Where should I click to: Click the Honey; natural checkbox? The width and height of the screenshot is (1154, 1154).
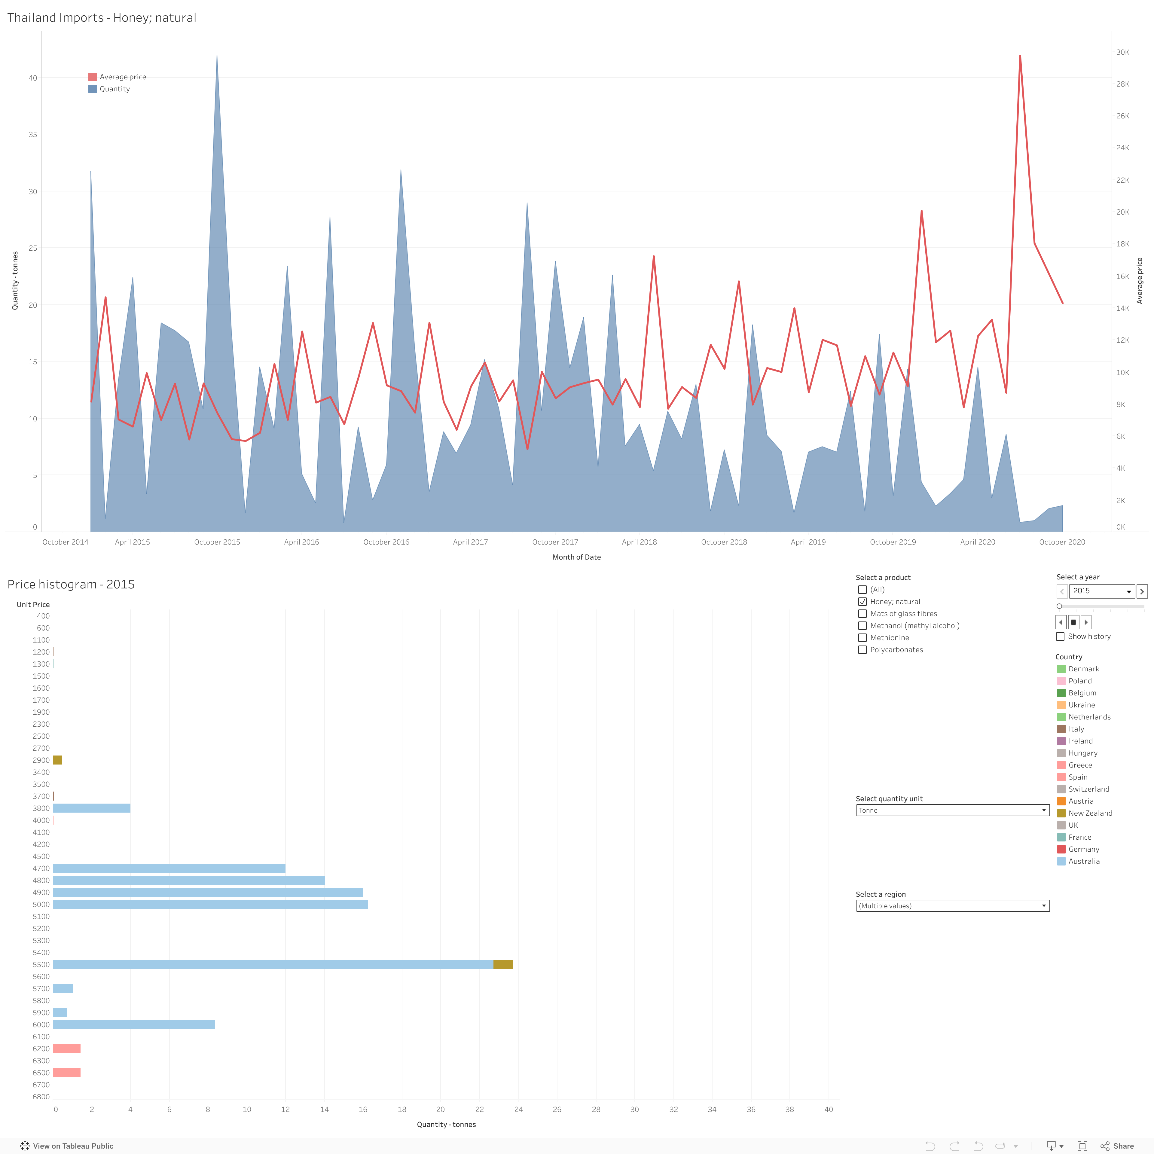coord(862,601)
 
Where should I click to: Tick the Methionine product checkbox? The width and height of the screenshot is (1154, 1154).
coord(862,637)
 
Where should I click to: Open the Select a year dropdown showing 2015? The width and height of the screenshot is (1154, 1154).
coord(1101,591)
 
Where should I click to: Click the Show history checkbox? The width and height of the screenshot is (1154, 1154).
coord(1060,636)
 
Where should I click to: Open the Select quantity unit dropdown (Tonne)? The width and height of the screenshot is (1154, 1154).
coord(952,810)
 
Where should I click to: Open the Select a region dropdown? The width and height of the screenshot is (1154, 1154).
coord(952,905)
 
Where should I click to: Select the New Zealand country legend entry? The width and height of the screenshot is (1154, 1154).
coord(1089,813)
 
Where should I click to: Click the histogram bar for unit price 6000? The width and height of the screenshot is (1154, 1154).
coord(134,1024)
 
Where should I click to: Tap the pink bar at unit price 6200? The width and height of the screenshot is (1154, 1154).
coord(67,1048)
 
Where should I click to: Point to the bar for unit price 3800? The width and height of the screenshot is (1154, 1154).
coord(91,808)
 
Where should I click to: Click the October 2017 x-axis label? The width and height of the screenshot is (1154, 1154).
coord(555,542)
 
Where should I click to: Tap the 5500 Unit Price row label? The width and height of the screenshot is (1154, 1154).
coord(41,964)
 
